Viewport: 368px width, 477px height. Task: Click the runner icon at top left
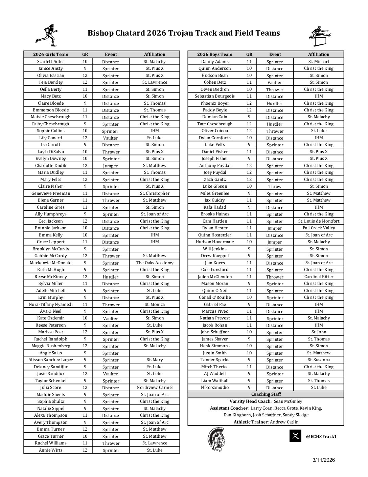pyautogui.click(x=46, y=35)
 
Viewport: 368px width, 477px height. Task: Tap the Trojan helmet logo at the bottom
pyautogui.click(x=216, y=439)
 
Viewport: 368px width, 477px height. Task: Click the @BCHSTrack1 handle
pyautogui.click(x=321, y=436)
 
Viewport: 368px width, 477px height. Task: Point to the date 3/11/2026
pyautogui.click(x=324, y=460)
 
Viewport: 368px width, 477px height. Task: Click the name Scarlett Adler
pyautogui.click(x=51, y=62)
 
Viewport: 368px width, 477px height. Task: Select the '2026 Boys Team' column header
pyautogui.click(x=215, y=54)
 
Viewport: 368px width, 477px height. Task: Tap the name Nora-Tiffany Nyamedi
pyautogui.click(x=51, y=304)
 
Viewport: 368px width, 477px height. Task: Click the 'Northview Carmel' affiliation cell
pyautogui.click(x=155, y=388)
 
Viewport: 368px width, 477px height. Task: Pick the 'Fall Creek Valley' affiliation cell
pyautogui.click(x=319, y=228)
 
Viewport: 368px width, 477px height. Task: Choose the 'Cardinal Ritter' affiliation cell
pyautogui.click(x=319, y=276)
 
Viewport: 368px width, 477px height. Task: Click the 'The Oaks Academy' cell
pyautogui.click(x=155, y=263)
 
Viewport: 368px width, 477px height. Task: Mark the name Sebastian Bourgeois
pyautogui.click(x=215, y=96)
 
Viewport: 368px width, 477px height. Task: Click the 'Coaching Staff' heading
pyautogui.click(x=266, y=394)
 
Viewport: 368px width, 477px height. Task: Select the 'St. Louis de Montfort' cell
pyautogui.click(x=319, y=221)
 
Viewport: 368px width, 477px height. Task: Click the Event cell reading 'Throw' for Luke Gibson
pyautogui.click(x=275, y=186)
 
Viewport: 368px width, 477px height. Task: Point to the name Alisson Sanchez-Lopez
pyautogui.click(x=51, y=360)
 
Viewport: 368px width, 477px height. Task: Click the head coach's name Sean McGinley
pyautogui.click(x=288, y=401)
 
